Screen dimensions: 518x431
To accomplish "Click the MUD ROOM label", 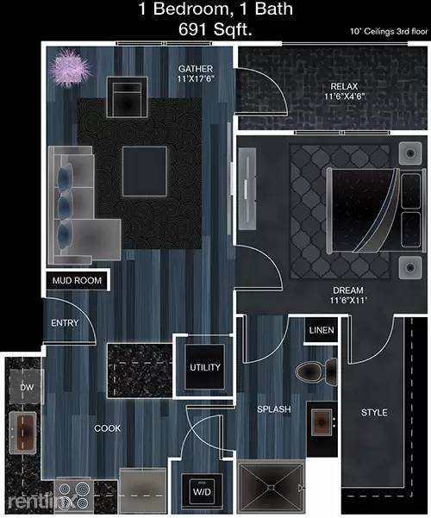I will point(76,281).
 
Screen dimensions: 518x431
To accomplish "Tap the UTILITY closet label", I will point(205,368).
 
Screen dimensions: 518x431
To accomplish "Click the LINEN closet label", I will point(321,330).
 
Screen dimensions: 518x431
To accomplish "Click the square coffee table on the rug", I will point(144,170).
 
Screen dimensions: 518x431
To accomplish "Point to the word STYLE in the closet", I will point(375,413).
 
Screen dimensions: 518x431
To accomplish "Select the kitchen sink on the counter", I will point(23,428).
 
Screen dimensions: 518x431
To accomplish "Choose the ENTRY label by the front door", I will point(65,323).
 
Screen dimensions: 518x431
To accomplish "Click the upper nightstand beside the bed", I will point(407,155).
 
